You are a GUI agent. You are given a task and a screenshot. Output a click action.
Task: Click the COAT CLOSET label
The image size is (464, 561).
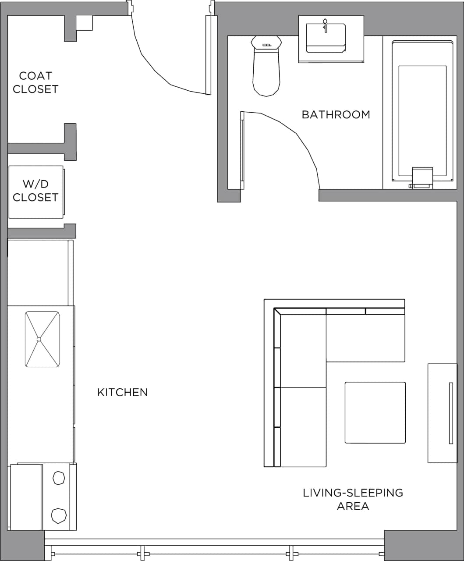click(35, 82)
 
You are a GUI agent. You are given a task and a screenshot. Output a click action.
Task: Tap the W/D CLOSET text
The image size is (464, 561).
click(35, 191)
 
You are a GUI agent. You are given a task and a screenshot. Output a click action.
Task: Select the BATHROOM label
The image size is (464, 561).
click(336, 114)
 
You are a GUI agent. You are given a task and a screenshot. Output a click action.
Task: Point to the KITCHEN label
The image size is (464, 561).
click(122, 392)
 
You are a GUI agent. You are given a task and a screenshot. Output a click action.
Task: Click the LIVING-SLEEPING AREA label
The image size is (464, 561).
click(353, 499)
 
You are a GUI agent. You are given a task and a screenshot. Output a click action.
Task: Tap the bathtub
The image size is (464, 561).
click(422, 114)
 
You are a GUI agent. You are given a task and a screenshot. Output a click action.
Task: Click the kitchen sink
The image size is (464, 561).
click(42, 339)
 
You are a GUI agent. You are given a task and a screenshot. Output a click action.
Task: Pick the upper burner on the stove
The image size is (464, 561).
click(59, 478)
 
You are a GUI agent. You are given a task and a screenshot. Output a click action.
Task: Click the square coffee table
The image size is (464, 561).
click(375, 412)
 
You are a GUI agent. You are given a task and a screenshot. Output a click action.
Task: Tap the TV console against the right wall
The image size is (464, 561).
click(443, 412)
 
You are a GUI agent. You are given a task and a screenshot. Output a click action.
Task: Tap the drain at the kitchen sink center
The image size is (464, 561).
click(39, 339)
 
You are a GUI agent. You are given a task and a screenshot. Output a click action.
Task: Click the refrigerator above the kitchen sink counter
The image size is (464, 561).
click(38, 272)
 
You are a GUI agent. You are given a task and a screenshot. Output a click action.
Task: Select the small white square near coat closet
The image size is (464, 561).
click(84, 23)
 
